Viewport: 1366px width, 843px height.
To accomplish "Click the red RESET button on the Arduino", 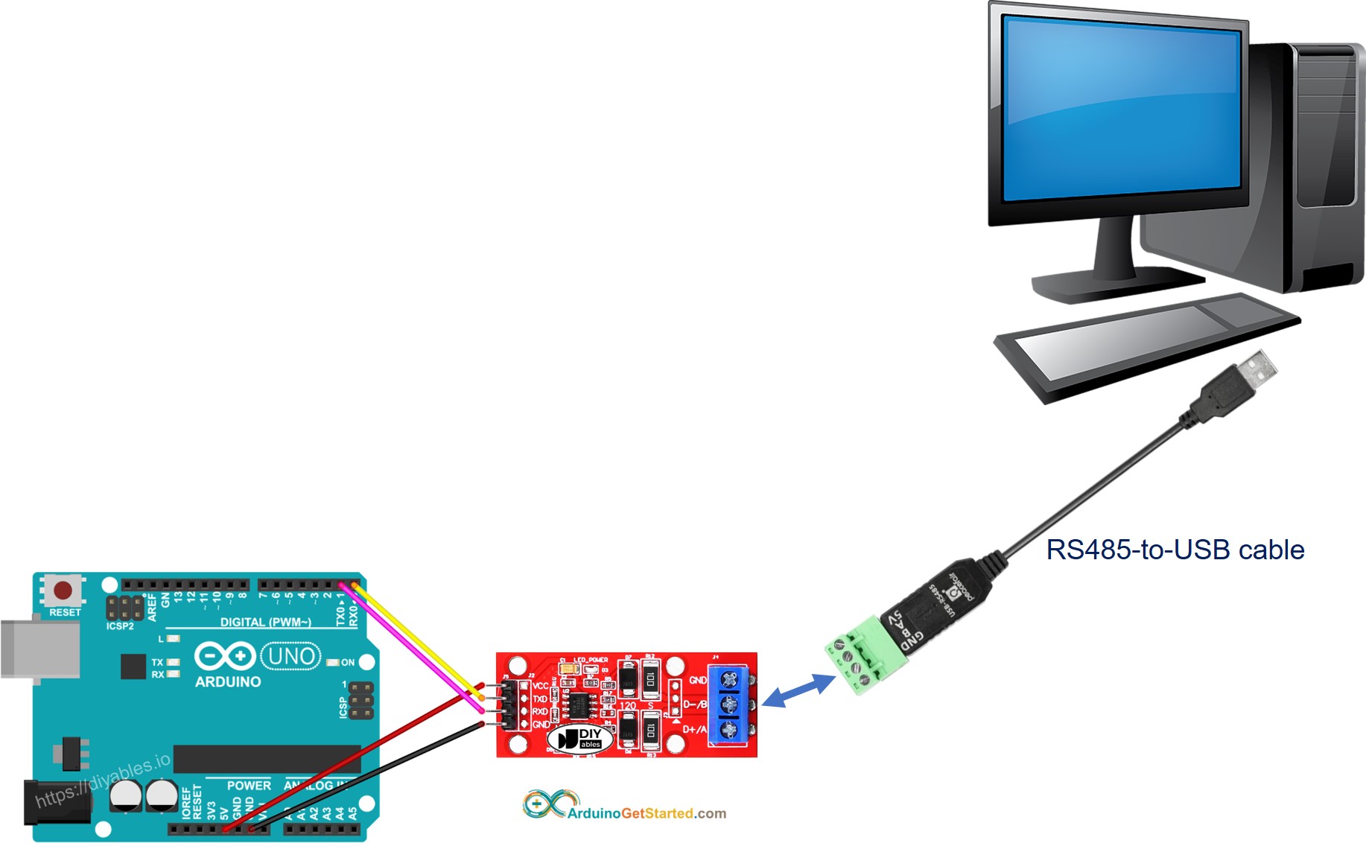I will point(63,591).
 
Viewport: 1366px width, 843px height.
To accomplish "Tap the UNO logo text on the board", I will point(290,656).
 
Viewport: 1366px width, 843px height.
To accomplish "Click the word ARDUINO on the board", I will point(228,681).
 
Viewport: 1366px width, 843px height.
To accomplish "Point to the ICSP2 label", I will point(120,626).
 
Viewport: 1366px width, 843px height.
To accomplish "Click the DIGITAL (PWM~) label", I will point(265,622).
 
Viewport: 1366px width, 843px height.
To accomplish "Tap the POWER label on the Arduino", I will point(249,786).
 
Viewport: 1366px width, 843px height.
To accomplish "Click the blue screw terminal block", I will point(729,704).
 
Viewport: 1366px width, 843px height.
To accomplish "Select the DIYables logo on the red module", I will point(579,739).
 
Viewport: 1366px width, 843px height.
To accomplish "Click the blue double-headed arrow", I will point(799,690).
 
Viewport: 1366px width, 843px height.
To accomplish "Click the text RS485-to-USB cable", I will point(1175,550).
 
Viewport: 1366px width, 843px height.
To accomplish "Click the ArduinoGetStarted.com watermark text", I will point(646,813).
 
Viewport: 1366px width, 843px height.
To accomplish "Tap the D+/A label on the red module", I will point(694,729).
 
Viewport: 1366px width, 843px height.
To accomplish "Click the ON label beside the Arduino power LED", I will point(348,662).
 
